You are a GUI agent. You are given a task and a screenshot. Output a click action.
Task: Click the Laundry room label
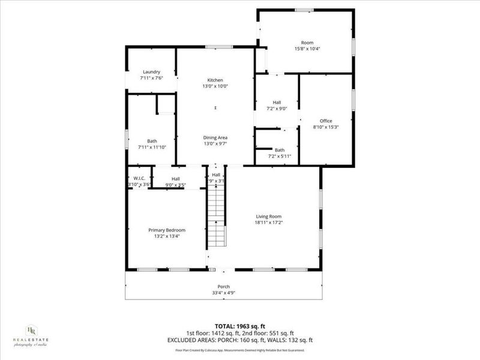[x=151, y=72]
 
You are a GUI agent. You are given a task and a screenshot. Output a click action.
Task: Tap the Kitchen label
[x=215, y=80]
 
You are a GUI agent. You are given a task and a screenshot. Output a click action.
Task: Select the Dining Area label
[x=215, y=137]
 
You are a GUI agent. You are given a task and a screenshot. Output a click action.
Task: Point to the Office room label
[x=326, y=121]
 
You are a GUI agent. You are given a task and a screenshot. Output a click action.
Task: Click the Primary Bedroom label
[x=167, y=230]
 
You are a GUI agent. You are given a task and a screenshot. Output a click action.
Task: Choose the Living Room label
[x=268, y=217]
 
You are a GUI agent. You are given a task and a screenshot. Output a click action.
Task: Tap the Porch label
[x=224, y=287]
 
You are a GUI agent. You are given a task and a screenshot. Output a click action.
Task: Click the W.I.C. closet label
[x=139, y=178]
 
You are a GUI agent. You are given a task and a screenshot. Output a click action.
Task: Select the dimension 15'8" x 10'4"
[x=307, y=49]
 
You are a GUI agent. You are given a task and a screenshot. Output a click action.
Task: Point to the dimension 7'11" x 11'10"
[x=152, y=147]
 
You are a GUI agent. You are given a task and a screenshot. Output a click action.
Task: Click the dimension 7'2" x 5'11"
[x=280, y=156]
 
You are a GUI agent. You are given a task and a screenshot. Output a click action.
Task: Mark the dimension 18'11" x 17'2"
[x=268, y=223]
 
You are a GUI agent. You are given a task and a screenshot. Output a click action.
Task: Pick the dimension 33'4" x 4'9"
[x=224, y=293]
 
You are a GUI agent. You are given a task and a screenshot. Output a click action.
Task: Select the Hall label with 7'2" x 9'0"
[x=277, y=102]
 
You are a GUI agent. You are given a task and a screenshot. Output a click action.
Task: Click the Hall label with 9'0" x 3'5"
[x=176, y=178]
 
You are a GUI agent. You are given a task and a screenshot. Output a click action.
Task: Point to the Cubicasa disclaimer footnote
[x=239, y=350]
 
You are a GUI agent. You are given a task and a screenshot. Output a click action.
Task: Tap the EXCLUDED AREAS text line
[x=239, y=340]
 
